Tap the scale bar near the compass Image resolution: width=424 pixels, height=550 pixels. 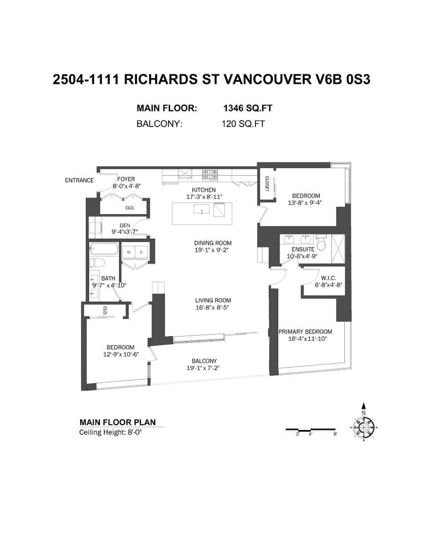(311, 429)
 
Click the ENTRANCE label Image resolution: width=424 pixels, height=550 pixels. (79, 181)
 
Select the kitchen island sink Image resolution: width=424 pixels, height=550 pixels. (202, 209)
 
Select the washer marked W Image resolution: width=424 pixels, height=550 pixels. (129, 252)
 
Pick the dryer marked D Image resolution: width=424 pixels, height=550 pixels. (142, 252)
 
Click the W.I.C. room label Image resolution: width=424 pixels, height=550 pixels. (328, 278)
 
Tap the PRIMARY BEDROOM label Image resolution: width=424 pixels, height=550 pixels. (305, 331)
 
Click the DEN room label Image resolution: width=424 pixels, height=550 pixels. (125, 226)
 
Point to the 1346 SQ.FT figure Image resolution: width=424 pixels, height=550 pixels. (248, 108)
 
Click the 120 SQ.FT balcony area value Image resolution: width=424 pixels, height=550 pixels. (243, 124)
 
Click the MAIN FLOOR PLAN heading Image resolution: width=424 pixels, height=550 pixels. (118, 423)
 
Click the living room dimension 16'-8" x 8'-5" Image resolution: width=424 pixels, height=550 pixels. (213, 307)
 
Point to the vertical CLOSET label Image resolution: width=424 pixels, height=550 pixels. (267, 184)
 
